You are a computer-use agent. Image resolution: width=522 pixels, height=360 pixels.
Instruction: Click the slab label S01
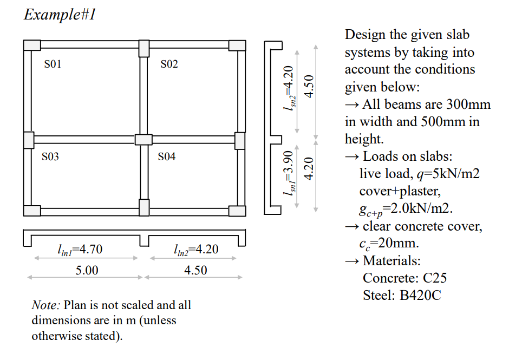pos(53,64)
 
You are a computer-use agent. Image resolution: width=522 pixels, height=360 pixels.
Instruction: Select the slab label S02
pos(169,64)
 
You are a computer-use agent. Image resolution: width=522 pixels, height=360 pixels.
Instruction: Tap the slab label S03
pos(50,157)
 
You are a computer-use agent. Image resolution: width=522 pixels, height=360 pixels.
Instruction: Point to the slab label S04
pos(167,157)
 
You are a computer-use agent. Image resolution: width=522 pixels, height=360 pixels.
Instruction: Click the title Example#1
pos(60,14)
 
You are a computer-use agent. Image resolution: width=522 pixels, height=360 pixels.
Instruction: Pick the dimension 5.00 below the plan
pos(87,270)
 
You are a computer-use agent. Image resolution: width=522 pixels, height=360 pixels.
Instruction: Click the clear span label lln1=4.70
pos(79,250)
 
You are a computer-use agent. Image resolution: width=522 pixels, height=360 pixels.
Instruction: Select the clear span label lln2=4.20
pos(195,250)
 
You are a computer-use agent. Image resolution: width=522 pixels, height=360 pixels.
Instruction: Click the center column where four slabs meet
pos(143,139)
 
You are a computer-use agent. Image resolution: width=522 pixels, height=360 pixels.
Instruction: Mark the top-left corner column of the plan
pos(31,45)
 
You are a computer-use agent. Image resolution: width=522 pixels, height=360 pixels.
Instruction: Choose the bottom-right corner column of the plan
pos(237,211)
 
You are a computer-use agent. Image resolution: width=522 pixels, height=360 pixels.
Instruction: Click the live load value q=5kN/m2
pos(420,174)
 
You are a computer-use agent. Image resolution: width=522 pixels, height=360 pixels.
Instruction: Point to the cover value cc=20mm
pos(389,243)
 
